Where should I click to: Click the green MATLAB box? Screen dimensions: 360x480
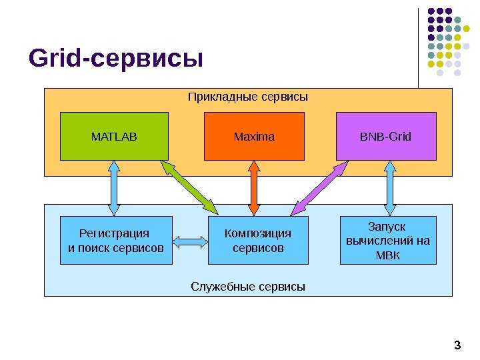coord(114,137)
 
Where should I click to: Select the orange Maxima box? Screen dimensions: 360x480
coord(254,137)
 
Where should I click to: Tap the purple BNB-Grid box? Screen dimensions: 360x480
coord(386,137)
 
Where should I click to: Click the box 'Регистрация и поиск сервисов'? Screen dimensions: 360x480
coord(116,241)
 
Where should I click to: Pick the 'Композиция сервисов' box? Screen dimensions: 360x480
coord(258,241)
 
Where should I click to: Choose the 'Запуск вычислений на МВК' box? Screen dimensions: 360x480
coord(388,240)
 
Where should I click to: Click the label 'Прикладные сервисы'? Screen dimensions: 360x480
coord(247,97)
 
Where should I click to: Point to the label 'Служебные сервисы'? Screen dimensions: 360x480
coord(248,287)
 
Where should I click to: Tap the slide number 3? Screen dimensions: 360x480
coord(457,345)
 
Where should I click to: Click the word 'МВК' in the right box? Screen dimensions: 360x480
coord(388,255)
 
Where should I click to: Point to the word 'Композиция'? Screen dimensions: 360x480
coord(258,233)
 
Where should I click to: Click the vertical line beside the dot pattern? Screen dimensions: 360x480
coord(419,47)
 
